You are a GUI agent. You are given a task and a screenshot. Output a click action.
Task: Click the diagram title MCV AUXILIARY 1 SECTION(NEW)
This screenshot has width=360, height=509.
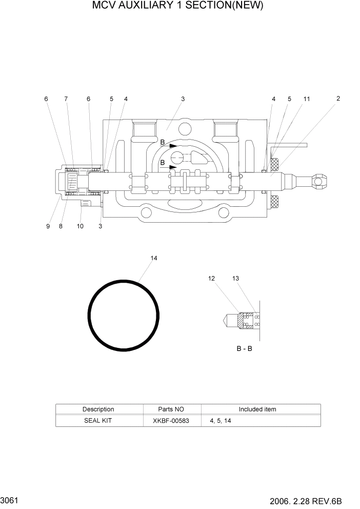click(177, 6)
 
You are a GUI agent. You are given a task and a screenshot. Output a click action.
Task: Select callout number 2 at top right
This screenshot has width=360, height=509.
click(338, 99)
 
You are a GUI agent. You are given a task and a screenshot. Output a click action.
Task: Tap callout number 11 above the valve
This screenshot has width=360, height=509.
click(307, 99)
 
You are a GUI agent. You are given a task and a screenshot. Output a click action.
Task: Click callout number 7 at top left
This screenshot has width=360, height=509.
click(66, 99)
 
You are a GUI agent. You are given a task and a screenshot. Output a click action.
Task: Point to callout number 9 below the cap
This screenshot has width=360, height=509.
click(48, 226)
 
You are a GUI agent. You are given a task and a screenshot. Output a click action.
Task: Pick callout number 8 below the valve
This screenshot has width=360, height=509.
click(61, 226)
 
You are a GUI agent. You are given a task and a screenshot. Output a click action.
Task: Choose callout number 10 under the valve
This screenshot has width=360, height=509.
click(80, 226)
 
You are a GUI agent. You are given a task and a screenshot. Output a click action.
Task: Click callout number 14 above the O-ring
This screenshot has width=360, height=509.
click(153, 258)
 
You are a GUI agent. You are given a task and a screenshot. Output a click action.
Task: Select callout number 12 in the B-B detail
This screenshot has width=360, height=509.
click(212, 279)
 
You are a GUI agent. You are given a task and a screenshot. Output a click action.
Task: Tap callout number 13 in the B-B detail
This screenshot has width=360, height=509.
click(235, 279)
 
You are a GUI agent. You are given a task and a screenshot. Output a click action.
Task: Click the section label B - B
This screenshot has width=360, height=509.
click(244, 349)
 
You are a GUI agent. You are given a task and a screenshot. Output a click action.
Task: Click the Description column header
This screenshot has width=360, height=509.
click(98, 409)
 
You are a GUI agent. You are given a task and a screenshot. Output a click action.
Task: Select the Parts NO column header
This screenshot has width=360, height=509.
click(171, 409)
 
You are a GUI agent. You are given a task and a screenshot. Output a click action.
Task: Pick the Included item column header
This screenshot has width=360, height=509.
click(257, 409)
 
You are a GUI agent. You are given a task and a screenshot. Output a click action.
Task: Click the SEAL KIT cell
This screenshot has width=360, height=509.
click(98, 420)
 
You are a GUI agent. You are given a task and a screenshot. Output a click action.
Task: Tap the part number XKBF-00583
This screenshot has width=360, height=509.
click(171, 420)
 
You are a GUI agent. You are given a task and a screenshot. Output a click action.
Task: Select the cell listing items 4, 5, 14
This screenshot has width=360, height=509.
click(220, 420)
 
